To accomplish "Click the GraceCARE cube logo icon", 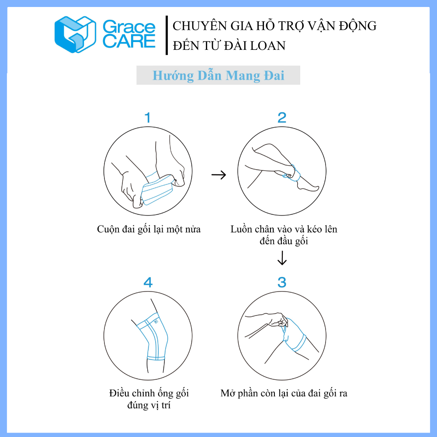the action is [x=75, y=34].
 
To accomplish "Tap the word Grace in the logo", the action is [x=129, y=27].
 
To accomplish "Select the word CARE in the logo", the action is [x=129, y=41].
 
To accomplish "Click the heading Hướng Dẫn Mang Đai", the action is [x=218, y=76].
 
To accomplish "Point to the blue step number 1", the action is [x=148, y=118].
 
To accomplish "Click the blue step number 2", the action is [x=282, y=118].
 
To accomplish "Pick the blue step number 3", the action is [x=282, y=282].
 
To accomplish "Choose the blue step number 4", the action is [x=148, y=282].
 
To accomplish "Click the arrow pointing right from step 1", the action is [x=219, y=175].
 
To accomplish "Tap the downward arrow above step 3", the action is [x=282, y=258].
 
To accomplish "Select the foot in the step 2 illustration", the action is [x=308, y=186].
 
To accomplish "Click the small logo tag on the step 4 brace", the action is [x=156, y=322].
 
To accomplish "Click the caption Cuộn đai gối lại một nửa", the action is [x=149, y=229].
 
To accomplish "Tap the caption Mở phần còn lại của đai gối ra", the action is [x=284, y=393].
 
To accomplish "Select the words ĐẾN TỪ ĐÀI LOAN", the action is [x=229, y=46].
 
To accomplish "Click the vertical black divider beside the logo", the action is [x=166, y=35].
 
